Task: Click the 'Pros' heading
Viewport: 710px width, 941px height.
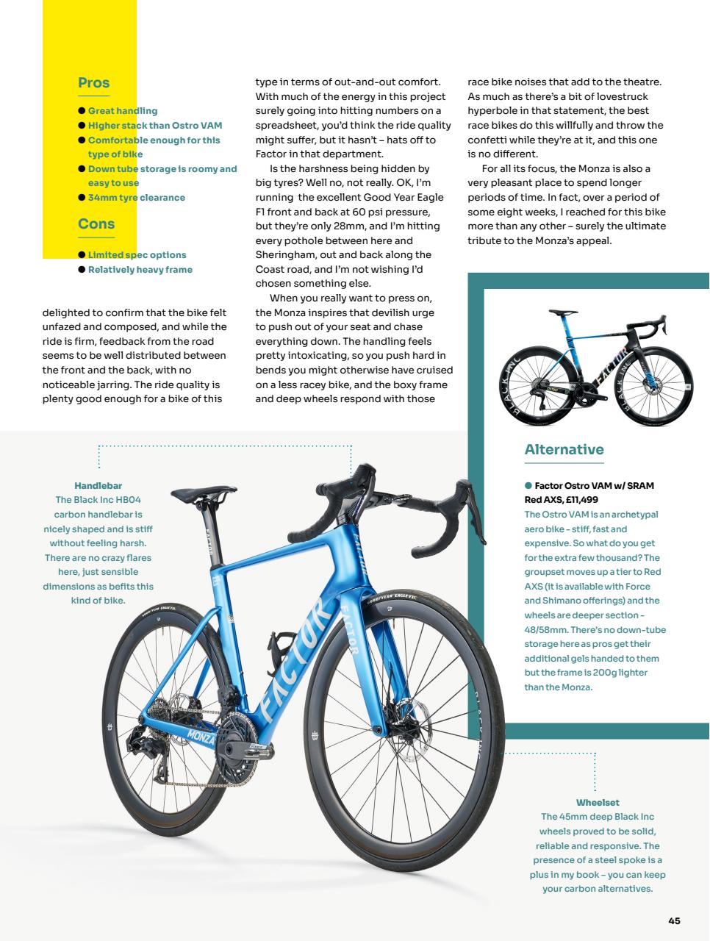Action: [x=93, y=83]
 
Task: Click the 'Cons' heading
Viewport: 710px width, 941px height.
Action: [x=96, y=224]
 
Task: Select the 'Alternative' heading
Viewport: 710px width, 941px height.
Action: [x=564, y=450]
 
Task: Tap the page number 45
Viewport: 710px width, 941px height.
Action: [x=674, y=921]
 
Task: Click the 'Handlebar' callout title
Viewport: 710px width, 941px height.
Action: [x=98, y=486]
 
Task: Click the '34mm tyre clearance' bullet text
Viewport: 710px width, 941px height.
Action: [x=136, y=198]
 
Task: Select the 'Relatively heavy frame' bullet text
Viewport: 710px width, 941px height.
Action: [x=140, y=270]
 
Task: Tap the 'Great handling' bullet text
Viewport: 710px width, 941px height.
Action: [x=122, y=111]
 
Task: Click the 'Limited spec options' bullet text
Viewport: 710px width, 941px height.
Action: [x=137, y=255]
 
